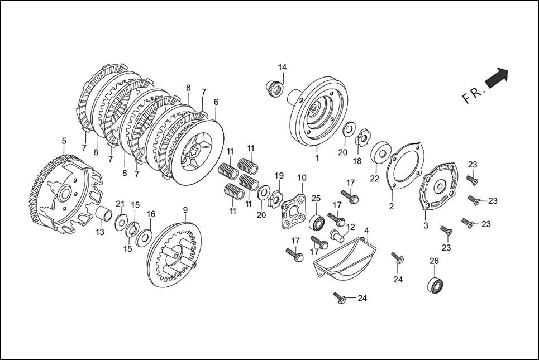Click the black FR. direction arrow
click(497, 78)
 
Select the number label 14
click(282, 68)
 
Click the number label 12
click(350, 227)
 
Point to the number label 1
click(317, 157)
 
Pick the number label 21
click(120, 203)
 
